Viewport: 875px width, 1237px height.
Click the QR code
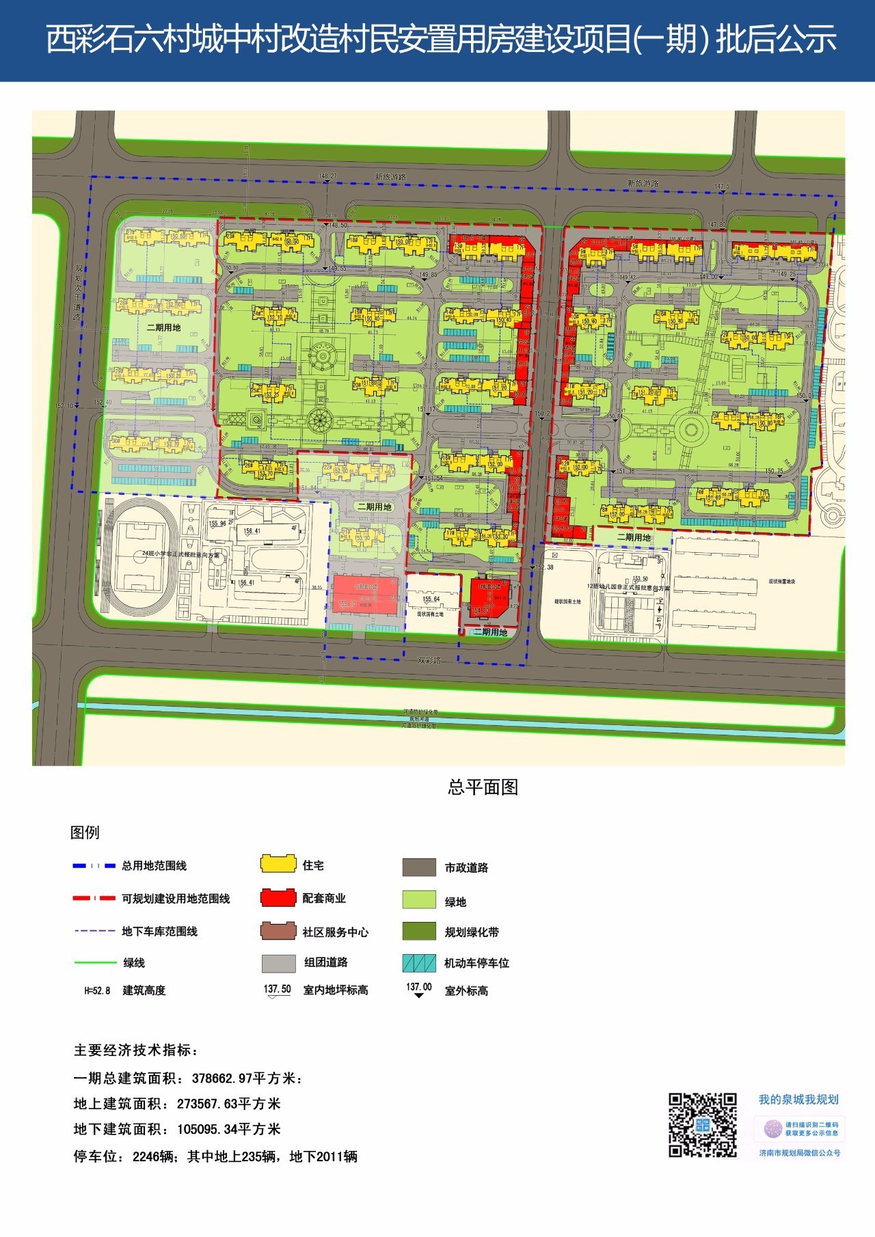(702, 1124)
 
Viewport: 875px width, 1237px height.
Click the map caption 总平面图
(483, 787)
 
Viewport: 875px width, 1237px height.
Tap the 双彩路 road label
(429, 660)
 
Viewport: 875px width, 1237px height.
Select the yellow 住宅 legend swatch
(278, 864)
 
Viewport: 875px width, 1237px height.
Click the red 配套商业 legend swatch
(278, 897)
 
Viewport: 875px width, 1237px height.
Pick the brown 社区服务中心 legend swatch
(278, 931)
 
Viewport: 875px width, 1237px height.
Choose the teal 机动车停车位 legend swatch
(419, 963)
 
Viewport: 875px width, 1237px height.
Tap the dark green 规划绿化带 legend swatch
(419, 932)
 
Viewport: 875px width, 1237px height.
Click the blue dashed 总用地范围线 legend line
(94, 866)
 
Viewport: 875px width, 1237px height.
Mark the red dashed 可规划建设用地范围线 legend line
(94, 898)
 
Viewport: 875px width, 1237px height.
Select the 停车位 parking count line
(215, 1156)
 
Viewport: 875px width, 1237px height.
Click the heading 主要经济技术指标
(136, 1050)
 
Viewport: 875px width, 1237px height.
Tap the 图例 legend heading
(85, 832)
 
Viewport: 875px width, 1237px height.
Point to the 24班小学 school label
(180, 554)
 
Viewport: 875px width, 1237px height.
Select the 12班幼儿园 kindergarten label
(628, 587)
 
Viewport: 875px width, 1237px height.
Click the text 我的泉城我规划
(798, 1100)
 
